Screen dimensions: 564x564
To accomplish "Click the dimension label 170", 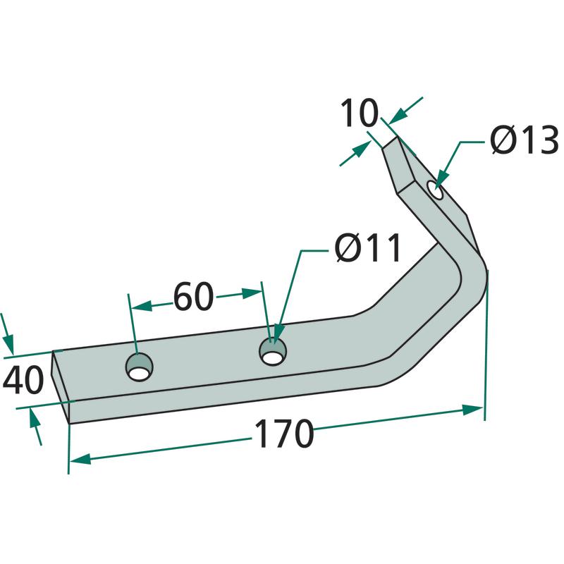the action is pyautogui.click(x=284, y=434).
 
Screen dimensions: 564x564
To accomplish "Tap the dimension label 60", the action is pyautogui.click(x=193, y=297).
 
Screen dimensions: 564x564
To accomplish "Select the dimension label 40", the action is pyautogui.click(x=23, y=380).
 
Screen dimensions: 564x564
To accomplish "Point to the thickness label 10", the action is pyautogui.click(x=360, y=114).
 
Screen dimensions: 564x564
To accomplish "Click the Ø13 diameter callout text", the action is pyautogui.click(x=525, y=140).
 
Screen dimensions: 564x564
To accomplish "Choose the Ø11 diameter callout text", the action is pyautogui.click(x=367, y=247).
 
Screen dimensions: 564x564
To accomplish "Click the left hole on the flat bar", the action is pyautogui.click(x=139, y=367).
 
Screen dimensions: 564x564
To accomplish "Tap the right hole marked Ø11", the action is pyautogui.click(x=274, y=352).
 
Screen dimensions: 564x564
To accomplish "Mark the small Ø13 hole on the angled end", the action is pyautogui.click(x=435, y=190).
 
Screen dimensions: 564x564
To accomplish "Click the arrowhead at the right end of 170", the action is pyautogui.click(x=472, y=410).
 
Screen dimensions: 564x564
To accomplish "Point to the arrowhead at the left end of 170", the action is pyautogui.click(x=80, y=459).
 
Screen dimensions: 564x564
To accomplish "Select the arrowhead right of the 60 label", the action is pyautogui.click(x=251, y=293).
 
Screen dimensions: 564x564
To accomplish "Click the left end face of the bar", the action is pyautogui.click(x=61, y=386).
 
